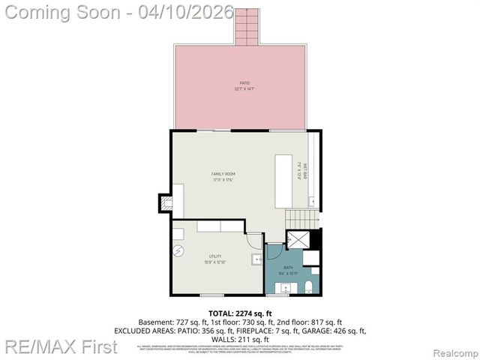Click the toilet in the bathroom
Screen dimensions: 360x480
click(x=313, y=284)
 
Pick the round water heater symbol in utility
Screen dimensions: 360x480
click(x=178, y=251)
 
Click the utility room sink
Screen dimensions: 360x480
click(x=256, y=259)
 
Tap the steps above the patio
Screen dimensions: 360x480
click(x=246, y=27)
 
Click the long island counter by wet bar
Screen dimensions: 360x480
click(x=283, y=182)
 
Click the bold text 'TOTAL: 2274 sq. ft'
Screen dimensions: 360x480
click(x=240, y=313)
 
